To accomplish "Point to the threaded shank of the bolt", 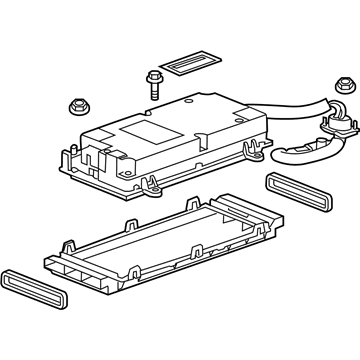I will (154, 91).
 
